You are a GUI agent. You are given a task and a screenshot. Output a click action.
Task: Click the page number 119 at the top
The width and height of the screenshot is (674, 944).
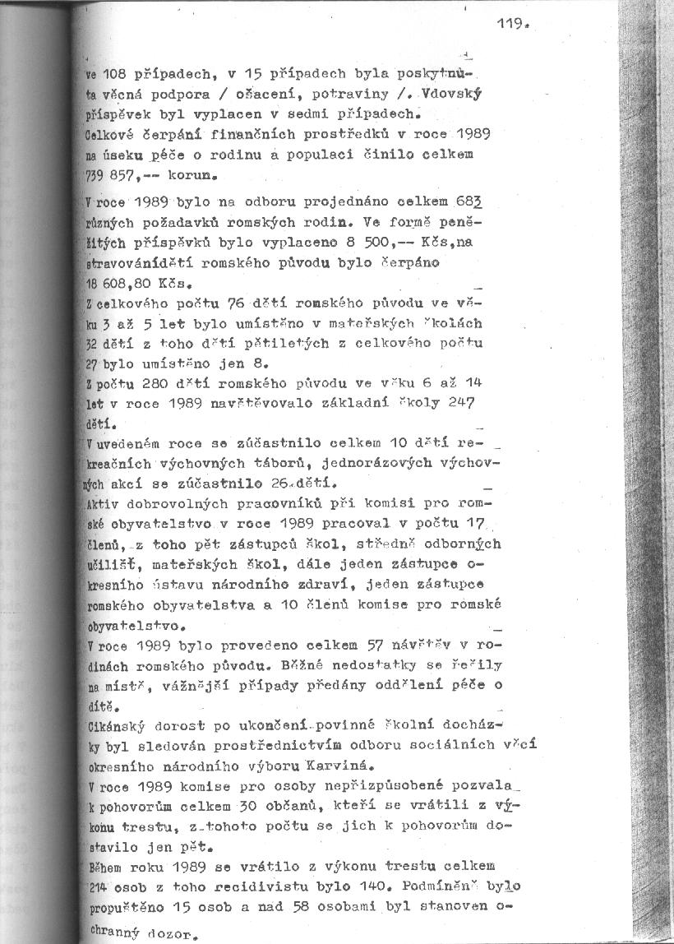point(510,24)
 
